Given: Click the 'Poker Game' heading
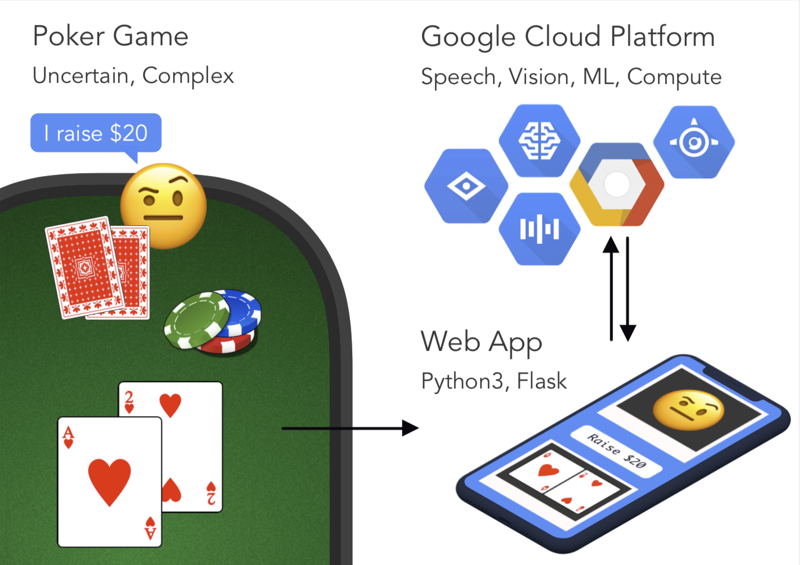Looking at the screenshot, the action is [x=110, y=36].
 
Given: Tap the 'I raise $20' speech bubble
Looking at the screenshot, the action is [x=96, y=133].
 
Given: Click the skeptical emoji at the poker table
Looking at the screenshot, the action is [x=163, y=205].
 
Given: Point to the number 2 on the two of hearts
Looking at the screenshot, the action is [x=129, y=398].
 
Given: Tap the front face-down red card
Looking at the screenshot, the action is [x=85, y=266].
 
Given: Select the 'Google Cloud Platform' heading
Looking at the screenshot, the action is [x=568, y=36].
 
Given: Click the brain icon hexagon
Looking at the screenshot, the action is [x=539, y=141].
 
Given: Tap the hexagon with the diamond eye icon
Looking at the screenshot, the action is [x=466, y=186].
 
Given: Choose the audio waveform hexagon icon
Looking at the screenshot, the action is [x=539, y=229].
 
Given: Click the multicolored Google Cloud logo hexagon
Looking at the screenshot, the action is [x=617, y=185].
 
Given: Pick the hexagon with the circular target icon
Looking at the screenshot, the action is [x=693, y=142].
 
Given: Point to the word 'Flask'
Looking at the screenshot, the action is [x=542, y=381].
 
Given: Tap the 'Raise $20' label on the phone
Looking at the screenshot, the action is [x=616, y=451].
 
